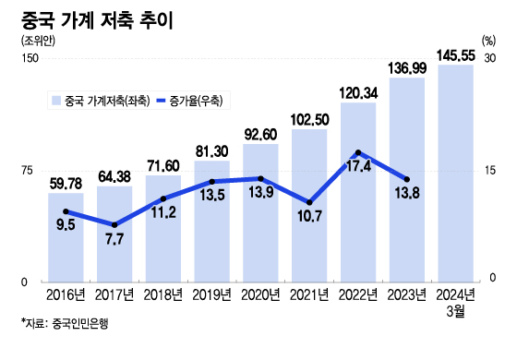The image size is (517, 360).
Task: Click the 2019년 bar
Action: [x=211, y=221]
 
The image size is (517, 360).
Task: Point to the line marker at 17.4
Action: [x=358, y=152]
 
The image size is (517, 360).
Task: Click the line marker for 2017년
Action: [x=114, y=224]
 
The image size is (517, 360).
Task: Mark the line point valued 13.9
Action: [x=260, y=178]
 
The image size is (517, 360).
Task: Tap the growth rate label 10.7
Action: [x=309, y=218]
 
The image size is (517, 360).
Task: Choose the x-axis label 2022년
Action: [x=358, y=295]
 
